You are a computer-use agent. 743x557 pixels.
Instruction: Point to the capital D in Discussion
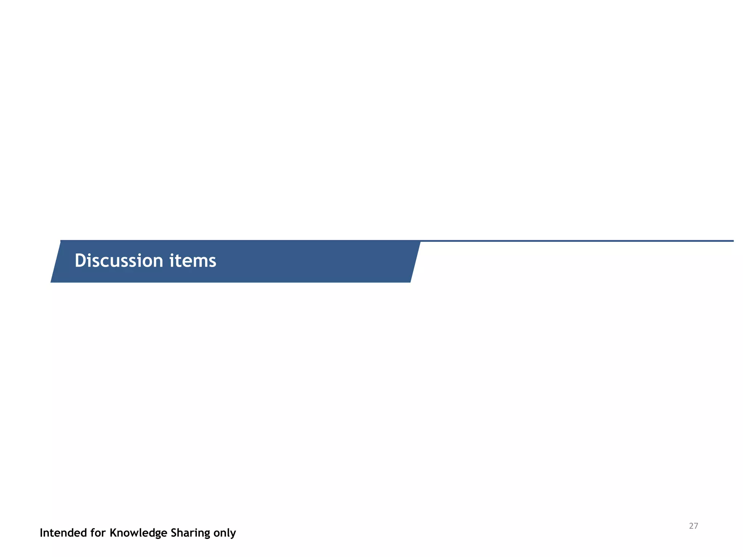click(x=79, y=261)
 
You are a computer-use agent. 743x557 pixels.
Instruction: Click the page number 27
click(x=693, y=526)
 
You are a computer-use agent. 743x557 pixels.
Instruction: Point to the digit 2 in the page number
click(x=691, y=526)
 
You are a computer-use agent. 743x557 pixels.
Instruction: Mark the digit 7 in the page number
click(x=696, y=526)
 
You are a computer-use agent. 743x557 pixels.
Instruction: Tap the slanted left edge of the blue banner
click(x=56, y=261)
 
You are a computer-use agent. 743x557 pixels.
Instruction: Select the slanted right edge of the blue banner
click(x=415, y=261)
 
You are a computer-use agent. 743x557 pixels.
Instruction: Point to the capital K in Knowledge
click(x=113, y=533)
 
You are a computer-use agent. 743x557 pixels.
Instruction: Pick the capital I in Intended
click(x=41, y=533)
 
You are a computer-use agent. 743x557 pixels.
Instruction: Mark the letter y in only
click(x=233, y=534)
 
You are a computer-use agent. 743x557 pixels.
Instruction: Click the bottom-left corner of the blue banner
click(x=51, y=282)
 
